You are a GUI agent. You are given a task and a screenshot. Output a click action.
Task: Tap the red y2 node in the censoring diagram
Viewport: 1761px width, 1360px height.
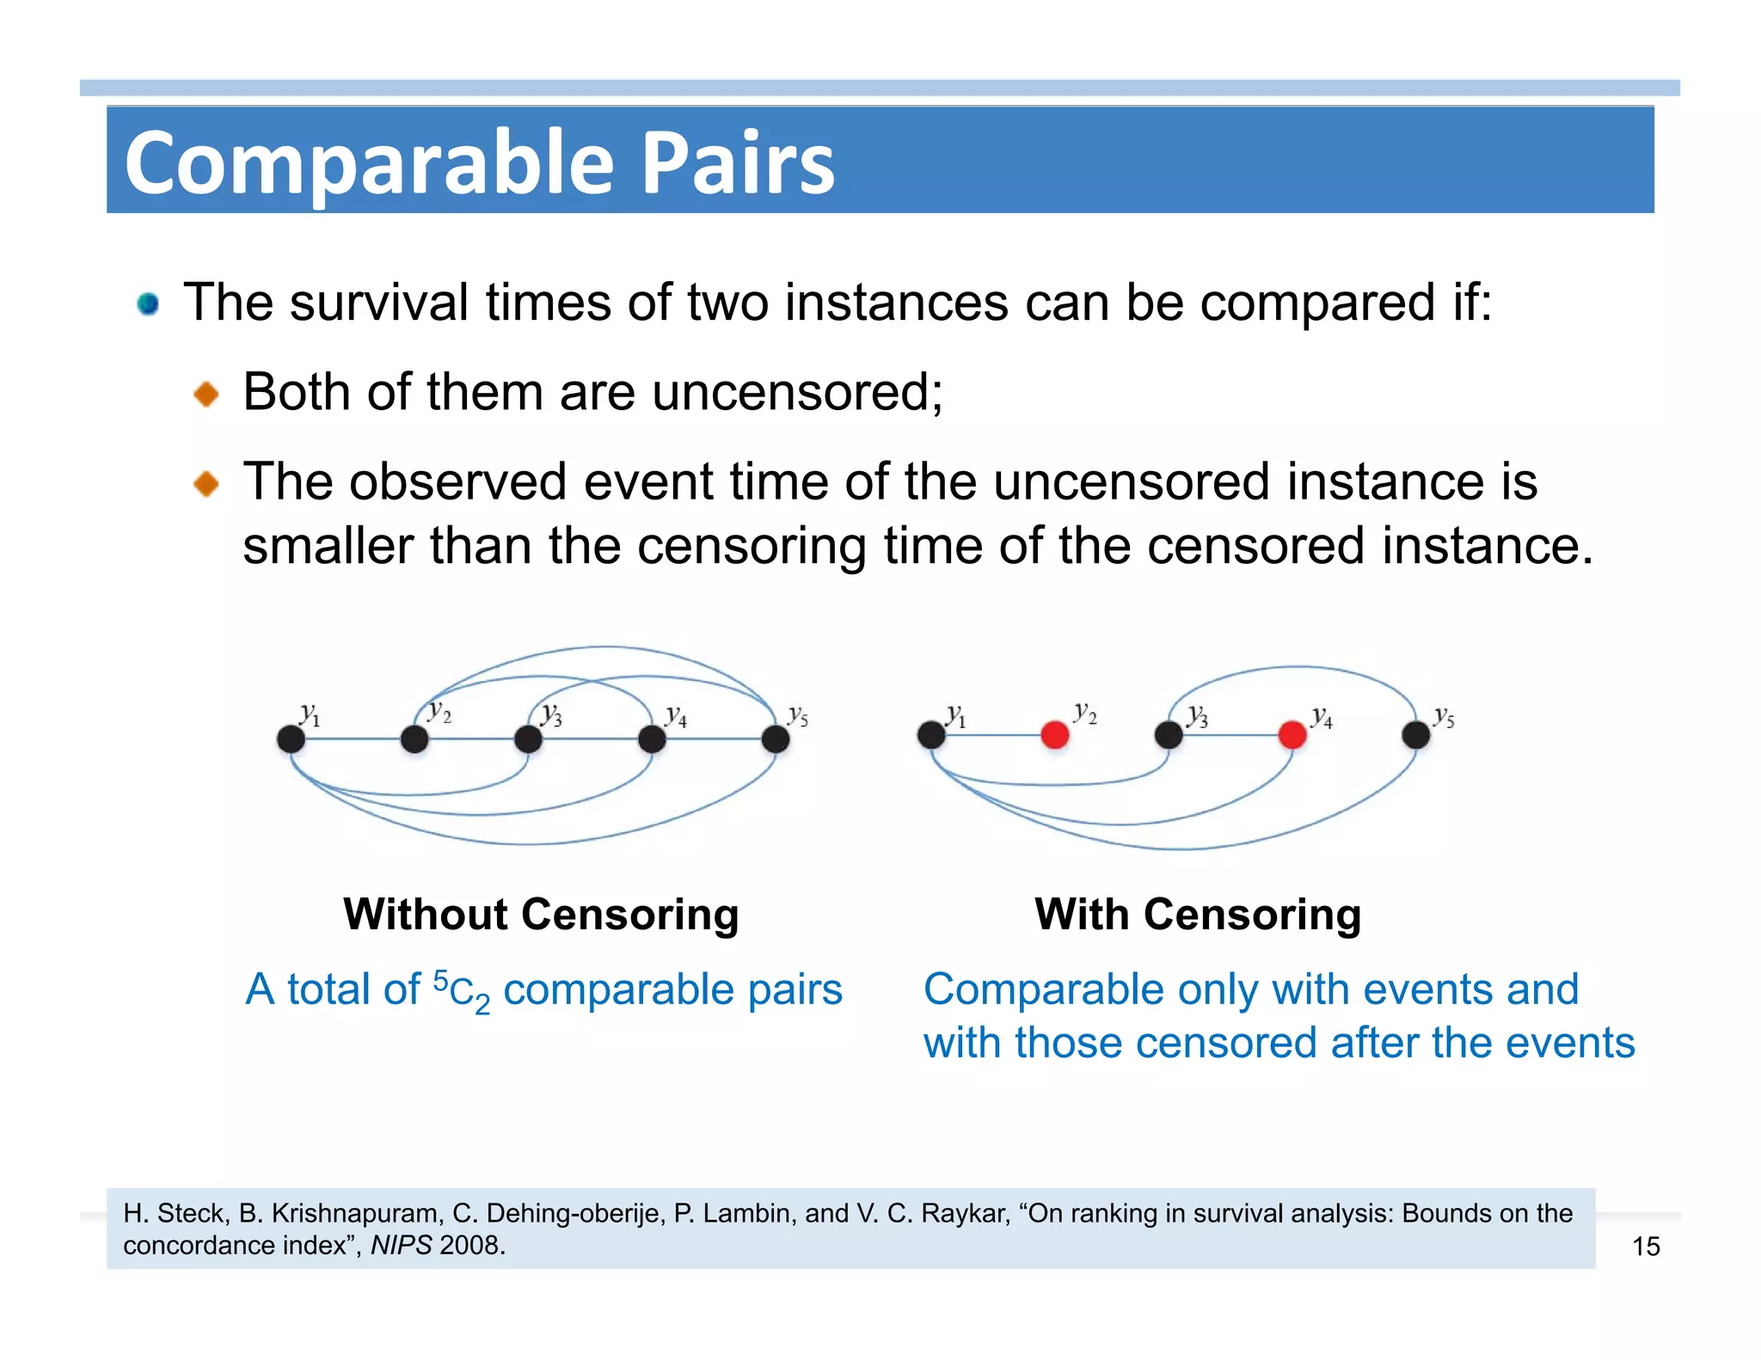coord(1054,735)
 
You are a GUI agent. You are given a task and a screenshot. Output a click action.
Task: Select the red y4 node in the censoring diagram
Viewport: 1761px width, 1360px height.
coord(1292,735)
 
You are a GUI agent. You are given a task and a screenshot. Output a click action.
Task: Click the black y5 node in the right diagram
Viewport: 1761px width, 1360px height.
coord(1415,735)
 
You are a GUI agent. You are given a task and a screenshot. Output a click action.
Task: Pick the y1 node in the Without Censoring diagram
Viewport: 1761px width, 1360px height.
coord(291,738)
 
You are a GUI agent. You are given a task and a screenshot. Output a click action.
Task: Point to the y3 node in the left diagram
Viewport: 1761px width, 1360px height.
coord(528,738)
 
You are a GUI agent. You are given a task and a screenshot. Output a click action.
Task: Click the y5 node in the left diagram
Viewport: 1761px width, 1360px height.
coord(776,738)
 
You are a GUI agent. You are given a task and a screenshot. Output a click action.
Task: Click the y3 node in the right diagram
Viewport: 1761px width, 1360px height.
coord(1168,735)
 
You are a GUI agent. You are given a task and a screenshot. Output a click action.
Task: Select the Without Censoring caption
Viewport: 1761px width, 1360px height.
coord(541,914)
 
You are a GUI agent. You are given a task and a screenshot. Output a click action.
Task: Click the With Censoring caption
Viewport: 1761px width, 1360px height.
coord(1198,914)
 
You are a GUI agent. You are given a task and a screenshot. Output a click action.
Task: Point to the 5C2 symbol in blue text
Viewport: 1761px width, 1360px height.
coord(461,990)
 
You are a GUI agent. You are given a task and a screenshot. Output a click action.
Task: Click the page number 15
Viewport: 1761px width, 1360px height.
coord(1646,1246)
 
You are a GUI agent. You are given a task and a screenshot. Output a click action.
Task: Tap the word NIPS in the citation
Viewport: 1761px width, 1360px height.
coord(401,1245)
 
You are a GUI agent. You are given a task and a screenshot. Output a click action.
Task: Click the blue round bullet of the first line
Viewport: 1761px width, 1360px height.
coord(148,303)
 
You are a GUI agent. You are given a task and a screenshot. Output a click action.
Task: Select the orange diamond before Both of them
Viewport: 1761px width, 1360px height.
coord(206,395)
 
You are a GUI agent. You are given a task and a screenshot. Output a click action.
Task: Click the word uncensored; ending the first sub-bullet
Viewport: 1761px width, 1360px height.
coord(796,393)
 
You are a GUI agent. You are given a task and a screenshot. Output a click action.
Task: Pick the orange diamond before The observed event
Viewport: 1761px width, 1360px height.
coord(206,484)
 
